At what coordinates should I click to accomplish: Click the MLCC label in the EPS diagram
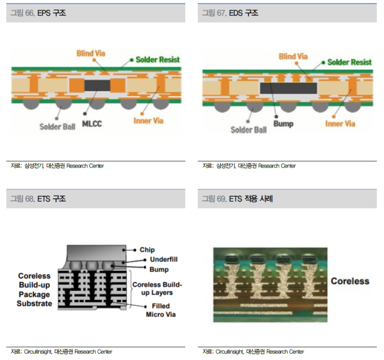pyautogui.click(x=92, y=124)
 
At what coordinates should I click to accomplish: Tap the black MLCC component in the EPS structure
pyautogui.click(x=97, y=86)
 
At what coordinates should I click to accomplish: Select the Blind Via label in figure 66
pyautogui.click(x=91, y=53)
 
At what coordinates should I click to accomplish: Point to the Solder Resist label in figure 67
pyautogui.click(x=349, y=62)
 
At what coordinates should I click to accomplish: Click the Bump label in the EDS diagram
pyautogui.click(x=283, y=124)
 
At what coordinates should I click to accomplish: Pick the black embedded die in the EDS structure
pyautogui.click(x=288, y=88)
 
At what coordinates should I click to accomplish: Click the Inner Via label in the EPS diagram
pyautogui.click(x=148, y=121)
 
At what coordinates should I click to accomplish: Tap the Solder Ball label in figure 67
pyautogui.click(x=249, y=130)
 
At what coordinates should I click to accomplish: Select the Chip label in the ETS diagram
pyautogui.click(x=147, y=250)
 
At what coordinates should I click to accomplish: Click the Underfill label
pyautogui.click(x=164, y=259)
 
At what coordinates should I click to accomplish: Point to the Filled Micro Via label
pyautogui.click(x=161, y=310)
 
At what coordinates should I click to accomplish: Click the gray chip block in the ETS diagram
pyautogui.click(x=96, y=253)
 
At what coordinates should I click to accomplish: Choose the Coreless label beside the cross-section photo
pyautogui.click(x=350, y=281)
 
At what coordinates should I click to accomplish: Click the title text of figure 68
pyautogui.click(x=38, y=199)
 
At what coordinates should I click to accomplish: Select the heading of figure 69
pyautogui.click(x=237, y=199)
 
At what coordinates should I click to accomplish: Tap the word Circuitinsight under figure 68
pyautogui.click(x=38, y=352)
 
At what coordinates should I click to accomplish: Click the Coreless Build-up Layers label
pyautogui.click(x=157, y=288)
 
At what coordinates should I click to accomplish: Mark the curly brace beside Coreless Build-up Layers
pyautogui.click(x=131, y=289)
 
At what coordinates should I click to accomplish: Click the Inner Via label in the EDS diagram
pyautogui.click(x=340, y=124)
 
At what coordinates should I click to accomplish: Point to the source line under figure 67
pyautogui.click(x=249, y=166)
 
